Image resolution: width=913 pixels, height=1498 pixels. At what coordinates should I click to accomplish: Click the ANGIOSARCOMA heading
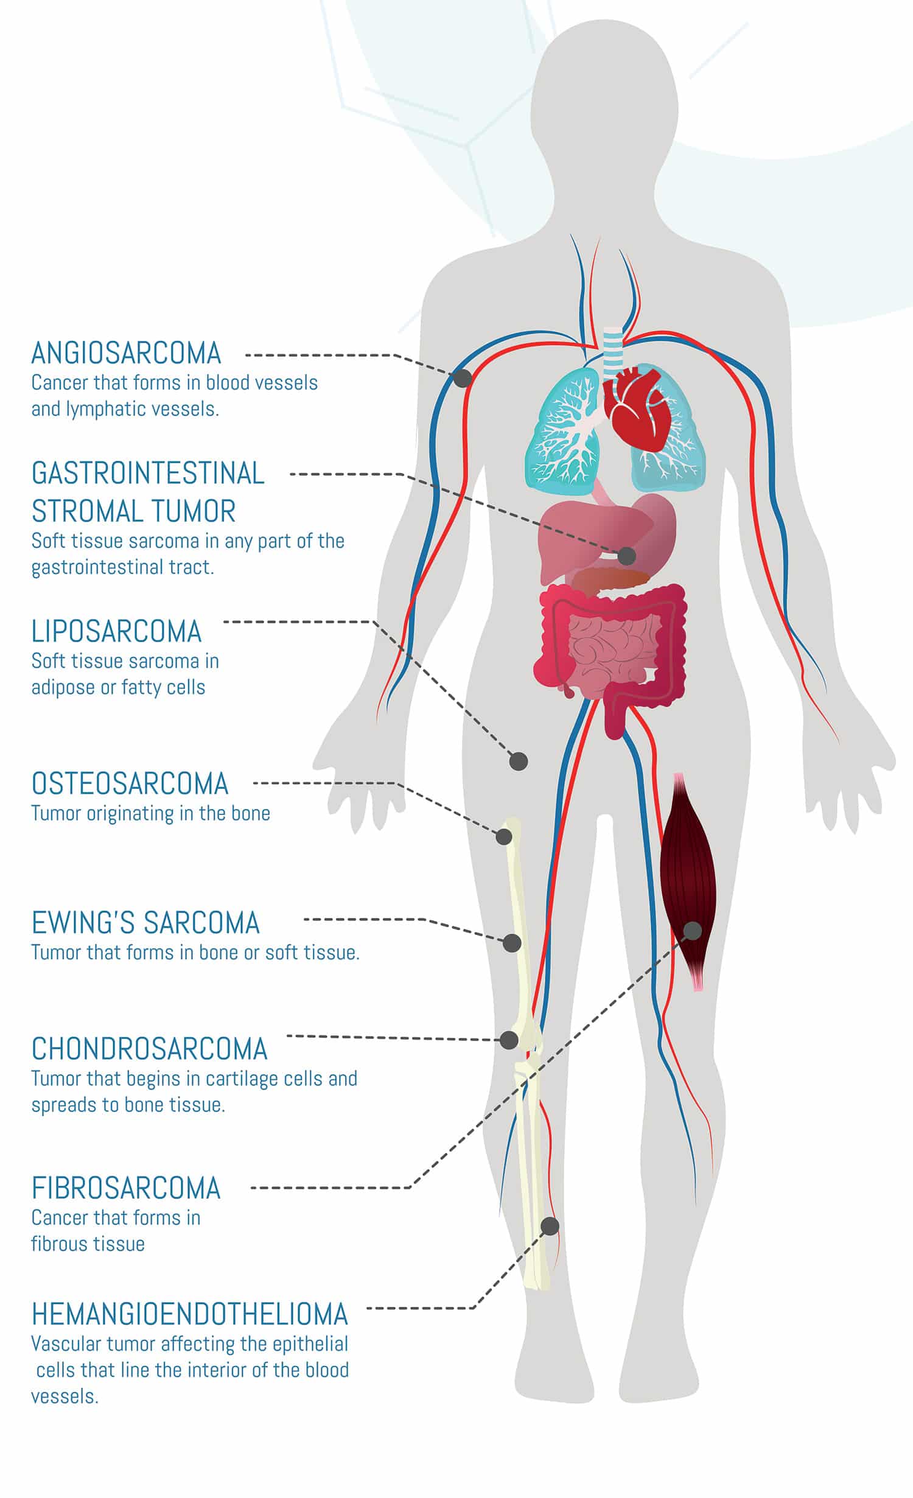tap(126, 353)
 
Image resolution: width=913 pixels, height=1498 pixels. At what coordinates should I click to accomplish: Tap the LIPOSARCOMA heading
tap(116, 631)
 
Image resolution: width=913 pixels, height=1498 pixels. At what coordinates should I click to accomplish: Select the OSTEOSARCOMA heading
tap(130, 783)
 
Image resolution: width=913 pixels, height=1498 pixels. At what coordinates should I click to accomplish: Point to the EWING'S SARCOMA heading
tap(145, 923)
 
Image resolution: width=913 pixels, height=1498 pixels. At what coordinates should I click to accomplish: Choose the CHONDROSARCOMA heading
tap(149, 1048)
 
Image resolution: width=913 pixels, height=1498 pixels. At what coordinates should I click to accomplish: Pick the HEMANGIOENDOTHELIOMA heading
tap(189, 1314)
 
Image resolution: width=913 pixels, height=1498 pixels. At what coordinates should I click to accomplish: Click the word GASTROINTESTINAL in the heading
tap(148, 474)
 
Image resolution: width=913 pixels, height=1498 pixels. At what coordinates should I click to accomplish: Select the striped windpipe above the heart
tap(612, 353)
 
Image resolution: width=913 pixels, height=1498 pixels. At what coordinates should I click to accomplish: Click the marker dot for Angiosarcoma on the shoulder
tap(463, 379)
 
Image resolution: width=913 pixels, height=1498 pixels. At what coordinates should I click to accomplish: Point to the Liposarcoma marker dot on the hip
tap(519, 761)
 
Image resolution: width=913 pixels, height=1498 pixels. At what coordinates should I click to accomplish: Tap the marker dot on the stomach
tap(627, 555)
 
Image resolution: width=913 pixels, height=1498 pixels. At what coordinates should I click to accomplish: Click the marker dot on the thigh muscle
tap(693, 930)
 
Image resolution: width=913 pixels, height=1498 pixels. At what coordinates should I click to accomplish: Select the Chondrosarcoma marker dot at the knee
tap(509, 1040)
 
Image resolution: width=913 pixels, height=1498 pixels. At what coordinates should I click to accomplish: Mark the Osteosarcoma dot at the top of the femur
tap(504, 836)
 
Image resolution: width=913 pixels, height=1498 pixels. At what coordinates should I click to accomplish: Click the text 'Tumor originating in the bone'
tap(150, 813)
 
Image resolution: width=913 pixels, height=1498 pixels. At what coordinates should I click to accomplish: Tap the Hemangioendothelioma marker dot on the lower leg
tap(550, 1226)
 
